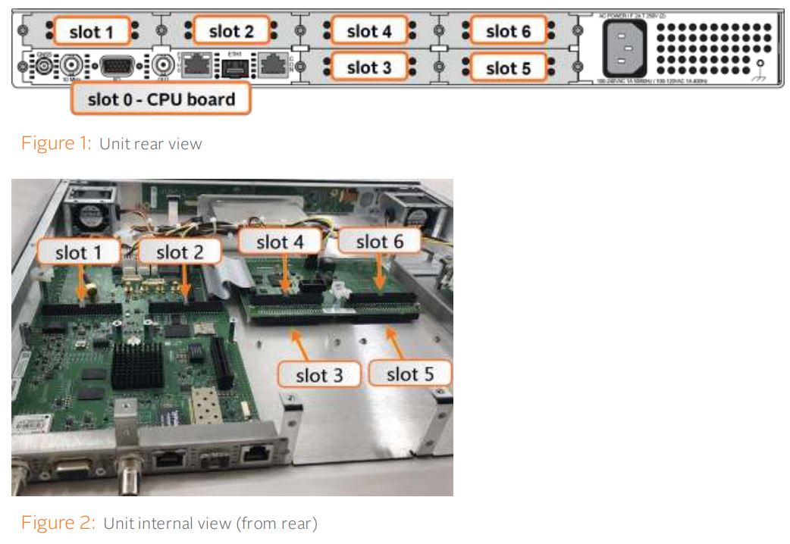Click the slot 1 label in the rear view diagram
tap(91, 31)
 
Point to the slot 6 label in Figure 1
tap(506, 31)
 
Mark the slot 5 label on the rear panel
tap(506, 67)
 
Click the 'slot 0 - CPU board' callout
tap(160, 99)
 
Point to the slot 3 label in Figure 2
tap(318, 374)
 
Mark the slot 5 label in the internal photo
tap(409, 373)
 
